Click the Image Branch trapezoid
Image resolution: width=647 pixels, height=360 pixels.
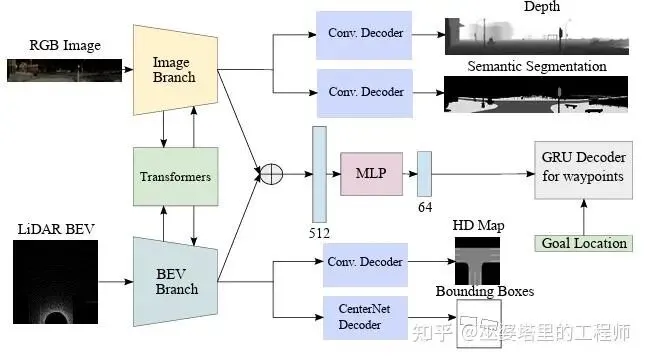coord(175,70)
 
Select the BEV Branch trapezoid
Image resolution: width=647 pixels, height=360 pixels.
coord(175,282)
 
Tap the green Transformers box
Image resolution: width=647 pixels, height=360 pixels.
coord(175,176)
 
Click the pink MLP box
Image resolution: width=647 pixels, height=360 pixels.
coord(371,173)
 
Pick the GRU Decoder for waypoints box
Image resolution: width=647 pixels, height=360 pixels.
coord(583,170)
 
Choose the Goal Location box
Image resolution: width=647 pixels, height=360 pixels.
coord(583,243)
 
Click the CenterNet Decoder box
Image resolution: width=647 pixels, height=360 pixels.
coord(365,317)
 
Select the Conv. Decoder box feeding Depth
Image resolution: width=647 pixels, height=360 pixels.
coord(364,36)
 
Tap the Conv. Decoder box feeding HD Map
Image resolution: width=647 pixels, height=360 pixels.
coord(365,265)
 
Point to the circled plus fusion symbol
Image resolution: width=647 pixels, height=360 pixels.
coord(271,174)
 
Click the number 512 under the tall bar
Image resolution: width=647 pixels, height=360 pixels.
coord(319,233)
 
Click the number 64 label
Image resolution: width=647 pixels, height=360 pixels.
coord(425,207)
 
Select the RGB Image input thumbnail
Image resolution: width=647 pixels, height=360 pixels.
coord(64,70)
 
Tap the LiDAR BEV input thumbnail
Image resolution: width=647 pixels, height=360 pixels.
coord(55,282)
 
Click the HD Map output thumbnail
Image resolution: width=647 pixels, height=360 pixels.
coord(477,261)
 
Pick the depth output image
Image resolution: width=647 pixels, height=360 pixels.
coord(537,36)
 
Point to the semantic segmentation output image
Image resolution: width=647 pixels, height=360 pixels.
coord(536,94)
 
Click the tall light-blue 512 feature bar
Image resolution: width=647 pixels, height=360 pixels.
coord(319,174)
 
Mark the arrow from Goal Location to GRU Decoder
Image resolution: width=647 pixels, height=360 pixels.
coord(584,218)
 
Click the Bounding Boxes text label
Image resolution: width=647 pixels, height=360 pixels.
coord(485,291)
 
